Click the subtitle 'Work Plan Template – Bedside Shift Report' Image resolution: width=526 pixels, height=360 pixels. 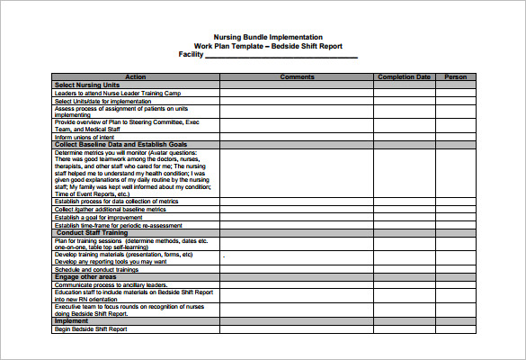point(268,46)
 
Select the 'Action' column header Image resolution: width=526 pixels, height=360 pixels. point(136,77)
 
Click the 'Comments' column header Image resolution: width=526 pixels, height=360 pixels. point(297,77)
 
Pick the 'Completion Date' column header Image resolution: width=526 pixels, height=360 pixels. point(404,77)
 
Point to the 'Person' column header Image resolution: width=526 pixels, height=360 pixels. point(456,77)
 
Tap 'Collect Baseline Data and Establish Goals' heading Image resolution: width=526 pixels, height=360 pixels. point(120,144)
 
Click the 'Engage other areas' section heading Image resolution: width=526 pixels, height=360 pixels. point(87,276)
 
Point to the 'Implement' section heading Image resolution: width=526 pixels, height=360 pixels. point(71,320)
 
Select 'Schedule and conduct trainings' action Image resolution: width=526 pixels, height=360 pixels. point(96,269)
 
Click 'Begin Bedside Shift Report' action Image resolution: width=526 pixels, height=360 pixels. point(91,328)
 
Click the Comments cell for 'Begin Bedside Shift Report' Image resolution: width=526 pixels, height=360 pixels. point(297,328)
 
